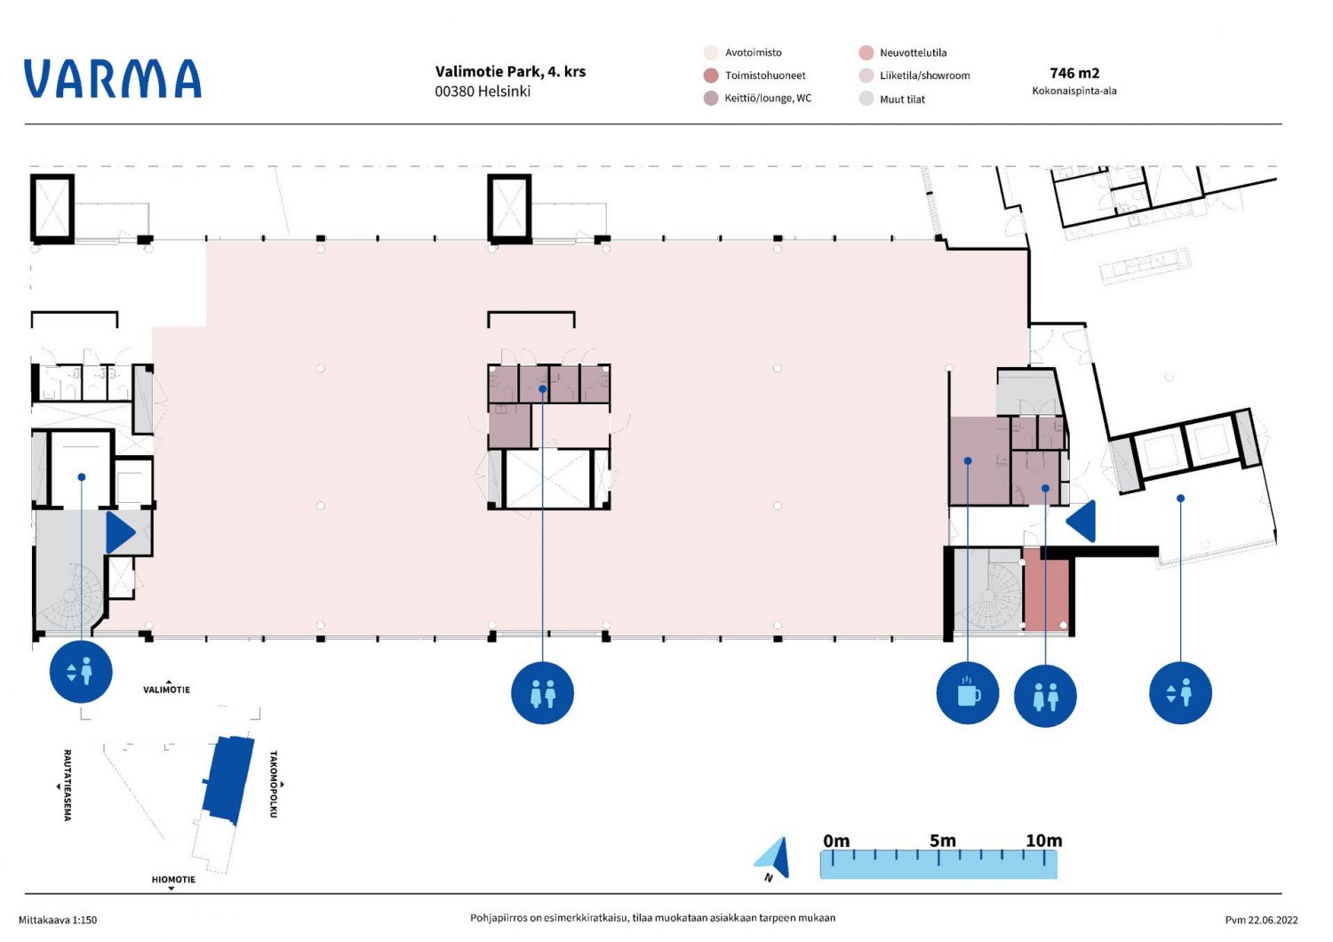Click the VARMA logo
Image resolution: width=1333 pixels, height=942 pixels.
[113, 78]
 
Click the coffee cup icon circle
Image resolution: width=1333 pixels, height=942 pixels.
[967, 693]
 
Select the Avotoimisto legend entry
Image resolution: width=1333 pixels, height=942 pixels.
[743, 52]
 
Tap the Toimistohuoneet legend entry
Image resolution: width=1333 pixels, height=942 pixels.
[754, 76]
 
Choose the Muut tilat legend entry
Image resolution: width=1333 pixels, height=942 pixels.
[892, 100]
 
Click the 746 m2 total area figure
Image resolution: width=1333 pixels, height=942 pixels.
[1074, 73]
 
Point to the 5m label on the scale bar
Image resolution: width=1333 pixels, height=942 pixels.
[943, 840]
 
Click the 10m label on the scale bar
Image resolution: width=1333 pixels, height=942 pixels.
[1044, 840]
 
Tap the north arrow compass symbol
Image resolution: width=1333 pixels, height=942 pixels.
[774, 858]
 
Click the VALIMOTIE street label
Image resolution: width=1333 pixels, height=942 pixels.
[167, 689]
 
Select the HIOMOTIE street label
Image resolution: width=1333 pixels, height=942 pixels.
[173, 879]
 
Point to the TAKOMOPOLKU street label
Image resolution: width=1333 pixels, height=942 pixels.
[274, 784]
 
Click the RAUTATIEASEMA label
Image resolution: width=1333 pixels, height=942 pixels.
[68, 785]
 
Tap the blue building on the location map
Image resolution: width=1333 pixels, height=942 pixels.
[227, 780]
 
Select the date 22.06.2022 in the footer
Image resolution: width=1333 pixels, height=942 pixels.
[1273, 920]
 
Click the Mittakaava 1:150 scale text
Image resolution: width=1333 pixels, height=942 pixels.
[58, 920]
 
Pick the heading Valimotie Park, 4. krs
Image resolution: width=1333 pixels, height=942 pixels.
[510, 71]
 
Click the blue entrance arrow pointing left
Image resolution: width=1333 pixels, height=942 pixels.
[1081, 522]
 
